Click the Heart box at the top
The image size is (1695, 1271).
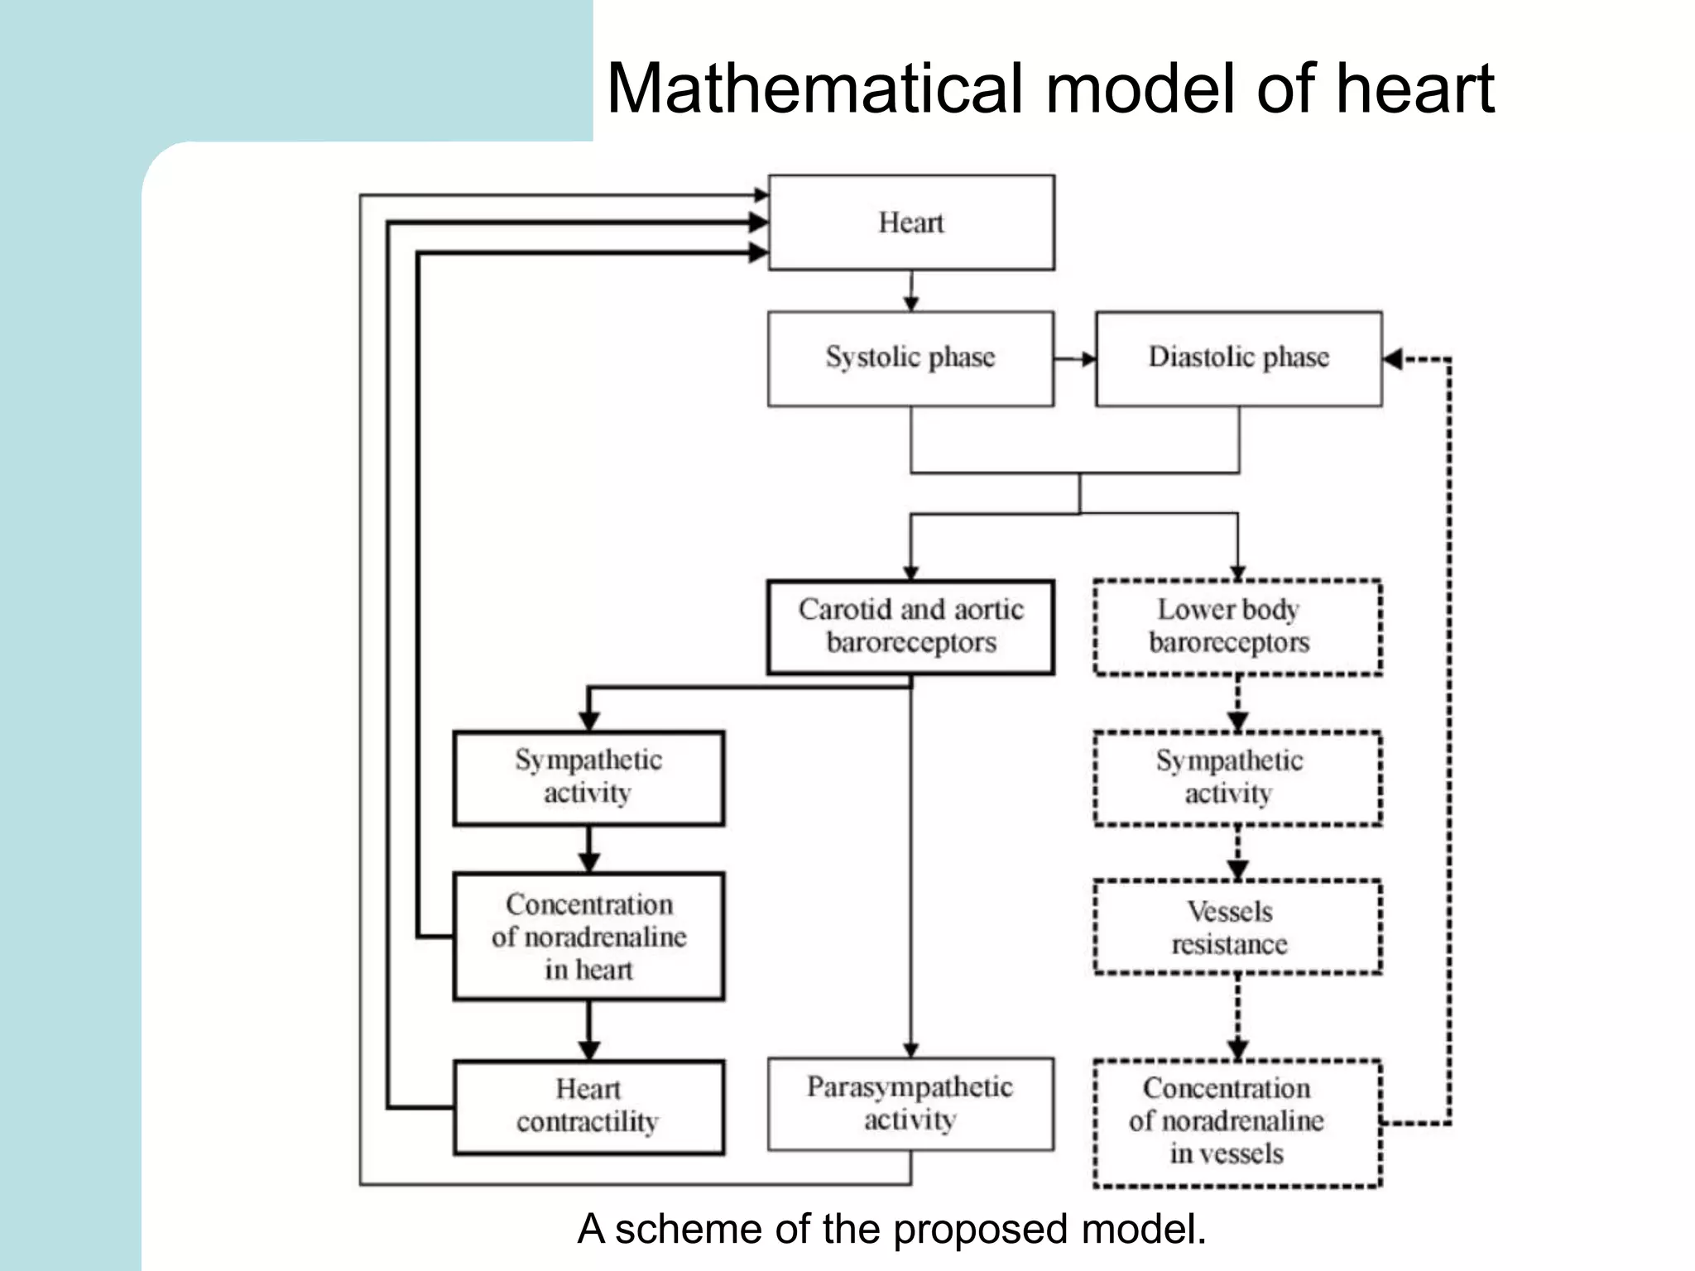910,223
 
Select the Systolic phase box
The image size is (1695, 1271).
910,357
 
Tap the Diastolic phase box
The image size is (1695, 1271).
1238,357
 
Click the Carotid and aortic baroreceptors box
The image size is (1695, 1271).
910,626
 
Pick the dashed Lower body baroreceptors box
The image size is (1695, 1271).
1237,626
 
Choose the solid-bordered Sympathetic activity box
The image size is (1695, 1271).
588,777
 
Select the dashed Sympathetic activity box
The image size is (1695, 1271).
1237,778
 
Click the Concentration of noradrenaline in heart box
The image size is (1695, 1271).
588,936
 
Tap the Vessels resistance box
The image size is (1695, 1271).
1237,927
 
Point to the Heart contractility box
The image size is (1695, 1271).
588,1106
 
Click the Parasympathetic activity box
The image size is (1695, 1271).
910,1103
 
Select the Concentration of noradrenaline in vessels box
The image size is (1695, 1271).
1237,1122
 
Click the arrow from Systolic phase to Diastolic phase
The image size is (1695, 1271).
1075,358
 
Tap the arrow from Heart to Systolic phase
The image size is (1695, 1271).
911,290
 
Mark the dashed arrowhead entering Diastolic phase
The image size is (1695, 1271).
1394,359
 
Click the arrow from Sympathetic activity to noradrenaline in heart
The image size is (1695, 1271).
588,849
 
